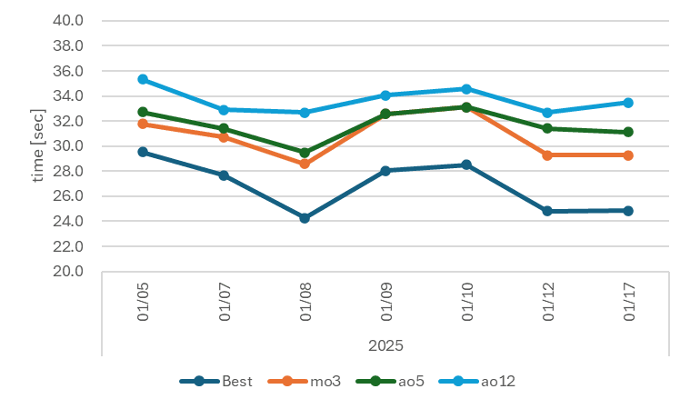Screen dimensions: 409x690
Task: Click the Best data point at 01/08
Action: tap(305, 218)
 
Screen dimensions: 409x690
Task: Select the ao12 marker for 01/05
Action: tap(143, 80)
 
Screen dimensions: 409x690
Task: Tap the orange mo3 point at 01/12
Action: tap(547, 155)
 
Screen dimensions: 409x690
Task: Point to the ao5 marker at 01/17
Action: tap(628, 132)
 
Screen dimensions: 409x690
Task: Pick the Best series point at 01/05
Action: tap(143, 152)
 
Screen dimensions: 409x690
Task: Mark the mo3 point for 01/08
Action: tap(305, 164)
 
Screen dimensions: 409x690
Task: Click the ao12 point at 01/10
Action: tap(466, 89)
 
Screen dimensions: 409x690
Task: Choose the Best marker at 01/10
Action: tap(466, 165)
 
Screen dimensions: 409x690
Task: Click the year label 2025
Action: tap(385, 346)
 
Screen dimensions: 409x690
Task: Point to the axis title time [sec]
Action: tap(39, 145)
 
